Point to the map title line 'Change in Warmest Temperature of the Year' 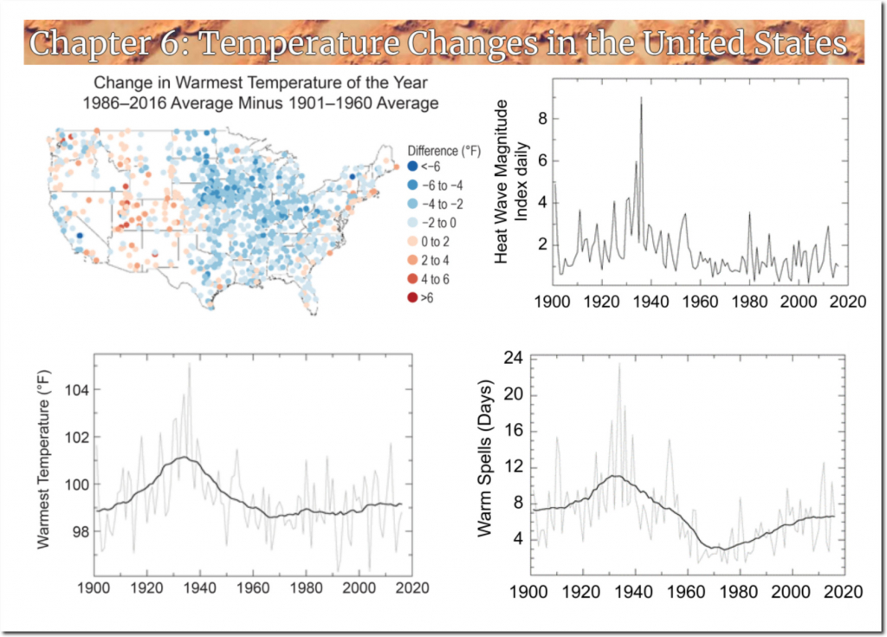click(x=255, y=87)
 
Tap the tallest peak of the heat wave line click(x=641, y=98)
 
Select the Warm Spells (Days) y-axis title click(x=488, y=457)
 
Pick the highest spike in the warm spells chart click(x=619, y=364)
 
